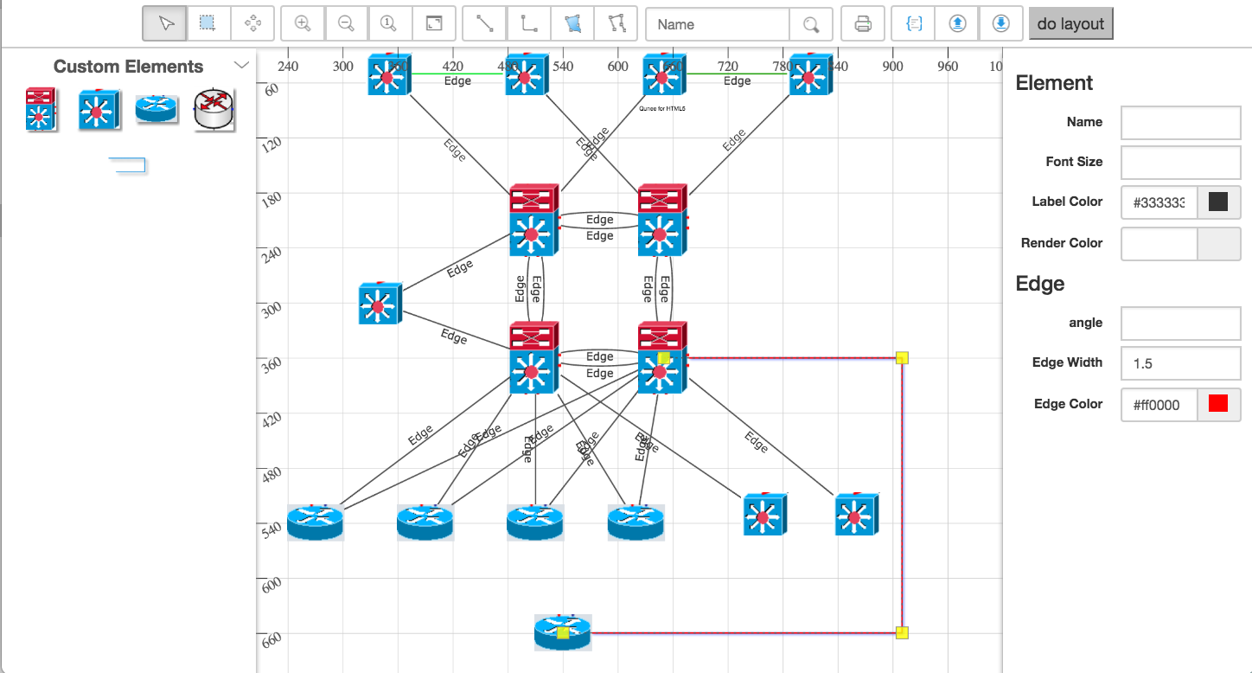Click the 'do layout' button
tap(1070, 24)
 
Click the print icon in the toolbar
tap(863, 24)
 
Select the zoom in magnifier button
tap(303, 24)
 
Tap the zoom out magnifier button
tap(347, 24)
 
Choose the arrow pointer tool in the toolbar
tap(165, 24)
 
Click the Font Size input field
tap(1180, 162)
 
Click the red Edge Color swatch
tap(1218, 404)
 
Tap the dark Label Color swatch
tap(1218, 202)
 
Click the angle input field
tap(1180, 324)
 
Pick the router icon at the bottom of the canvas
tap(563, 631)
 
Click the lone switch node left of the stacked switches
tap(380, 304)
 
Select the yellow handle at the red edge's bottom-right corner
tap(902, 632)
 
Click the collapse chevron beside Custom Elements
tap(242, 66)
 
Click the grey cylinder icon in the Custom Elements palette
tap(214, 110)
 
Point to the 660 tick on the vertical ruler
tap(271, 638)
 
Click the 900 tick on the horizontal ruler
tap(892, 67)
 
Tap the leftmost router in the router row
tap(316, 522)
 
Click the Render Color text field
tap(1159, 244)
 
